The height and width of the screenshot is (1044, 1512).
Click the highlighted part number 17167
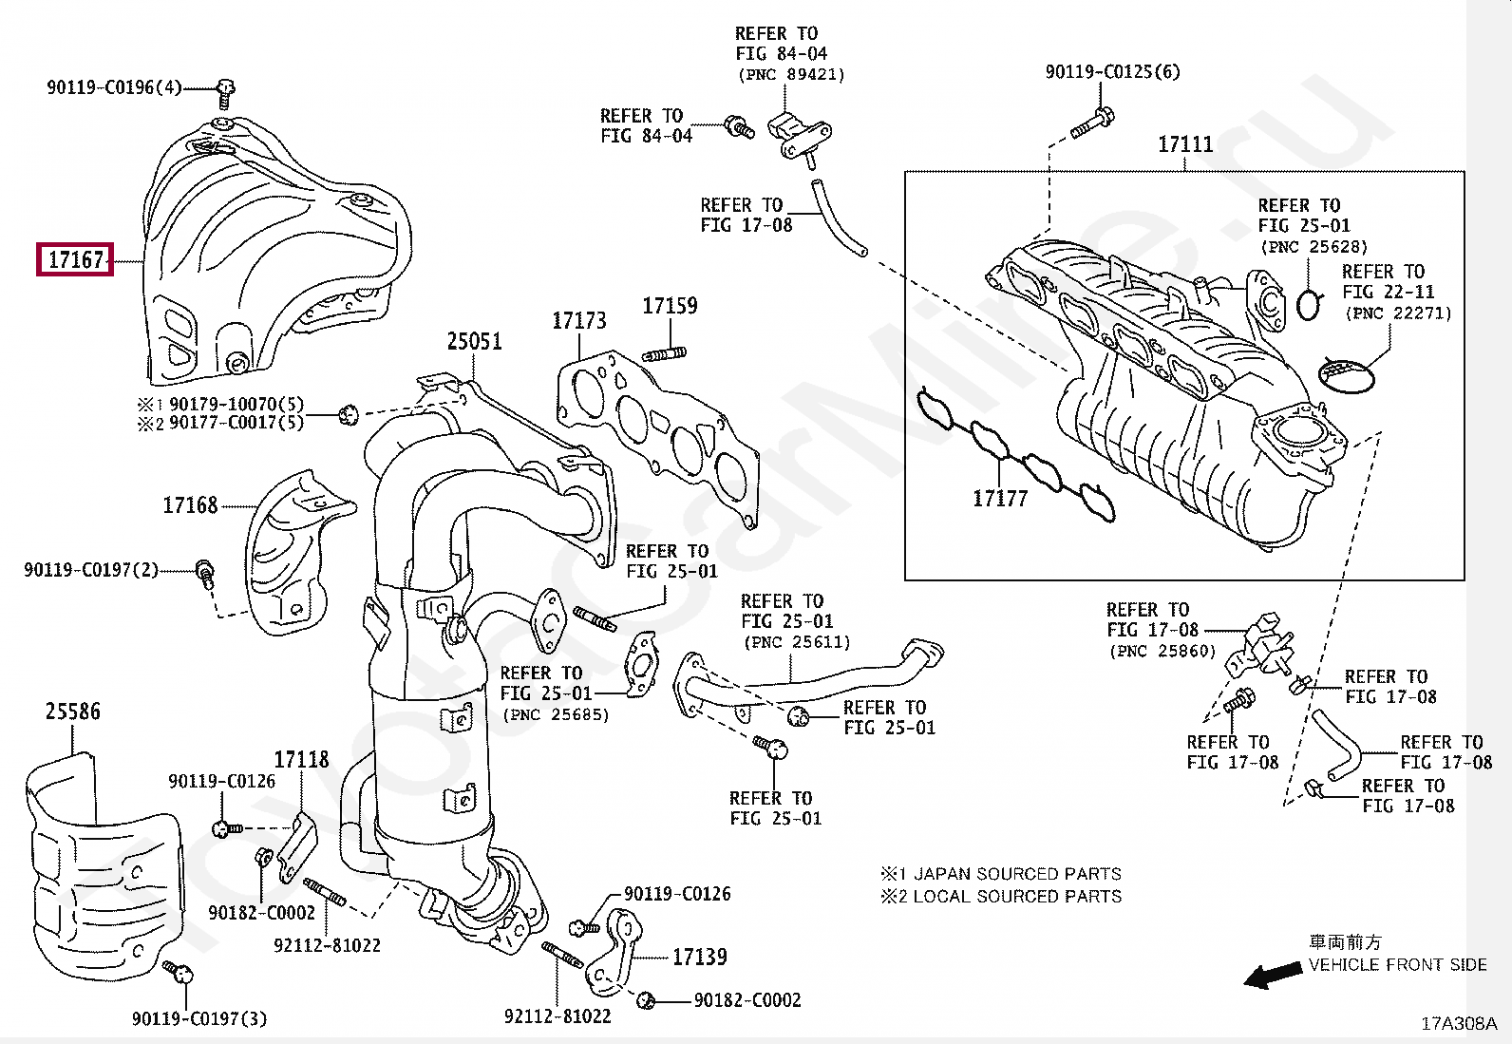click(x=76, y=259)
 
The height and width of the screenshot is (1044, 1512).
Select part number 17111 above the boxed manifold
click(x=1185, y=143)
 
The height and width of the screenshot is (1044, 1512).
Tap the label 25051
click(x=475, y=341)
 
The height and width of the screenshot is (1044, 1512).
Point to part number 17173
click(x=579, y=320)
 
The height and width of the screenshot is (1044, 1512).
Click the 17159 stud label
click(x=670, y=305)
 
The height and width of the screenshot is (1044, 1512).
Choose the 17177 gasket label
click(x=1000, y=499)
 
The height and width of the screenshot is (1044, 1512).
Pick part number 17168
click(x=190, y=505)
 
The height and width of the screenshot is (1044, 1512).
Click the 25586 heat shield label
click(x=73, y=712)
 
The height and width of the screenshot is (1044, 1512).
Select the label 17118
click(x=301, y=759)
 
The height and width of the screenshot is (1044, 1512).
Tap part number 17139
click(x=700, y=957)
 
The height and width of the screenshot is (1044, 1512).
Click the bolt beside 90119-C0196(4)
click(x=225, y=93)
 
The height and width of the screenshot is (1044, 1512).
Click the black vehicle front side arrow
click(x=1273, y=975)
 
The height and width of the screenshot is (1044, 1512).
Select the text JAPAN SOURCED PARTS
click(x=1017, y=874)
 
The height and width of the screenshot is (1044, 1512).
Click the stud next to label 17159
click(x=664, y=353)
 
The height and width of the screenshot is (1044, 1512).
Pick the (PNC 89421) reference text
click(x=791, y=74)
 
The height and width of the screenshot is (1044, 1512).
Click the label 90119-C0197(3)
click(x=199, y=1018)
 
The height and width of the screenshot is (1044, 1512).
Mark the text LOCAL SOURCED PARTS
click(x=1017, y=896)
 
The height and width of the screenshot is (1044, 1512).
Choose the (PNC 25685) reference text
click(x=556, y=714)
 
